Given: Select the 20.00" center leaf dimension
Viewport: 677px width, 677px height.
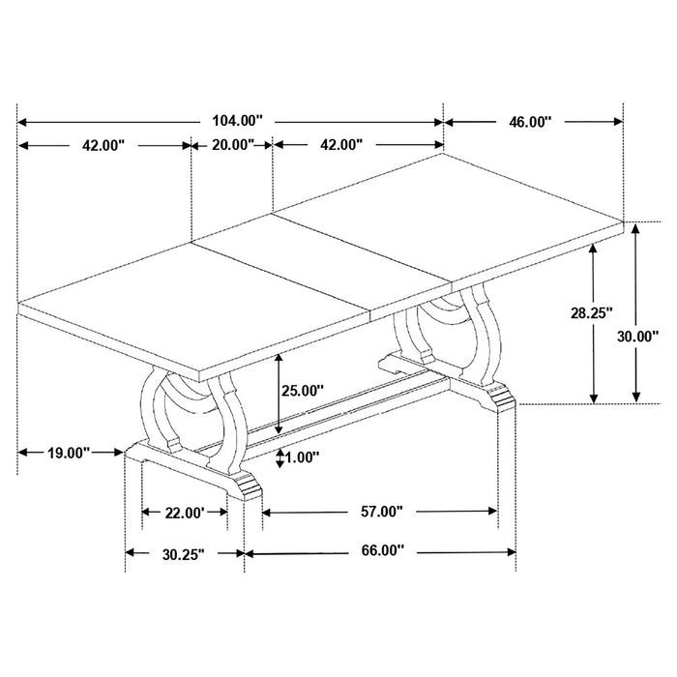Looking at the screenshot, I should (x=231, y=145).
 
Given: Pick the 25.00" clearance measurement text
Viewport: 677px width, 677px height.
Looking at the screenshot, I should (x=304, y=391).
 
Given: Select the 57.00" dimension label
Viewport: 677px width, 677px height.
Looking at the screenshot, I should (x=380, y=512).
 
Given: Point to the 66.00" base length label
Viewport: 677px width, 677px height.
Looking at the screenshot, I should (x=380, y=551).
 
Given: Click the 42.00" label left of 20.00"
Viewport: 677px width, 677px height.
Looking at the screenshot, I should (x=103, y=145).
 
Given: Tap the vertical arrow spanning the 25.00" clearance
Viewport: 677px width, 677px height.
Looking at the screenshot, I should (x=280, y=392).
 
